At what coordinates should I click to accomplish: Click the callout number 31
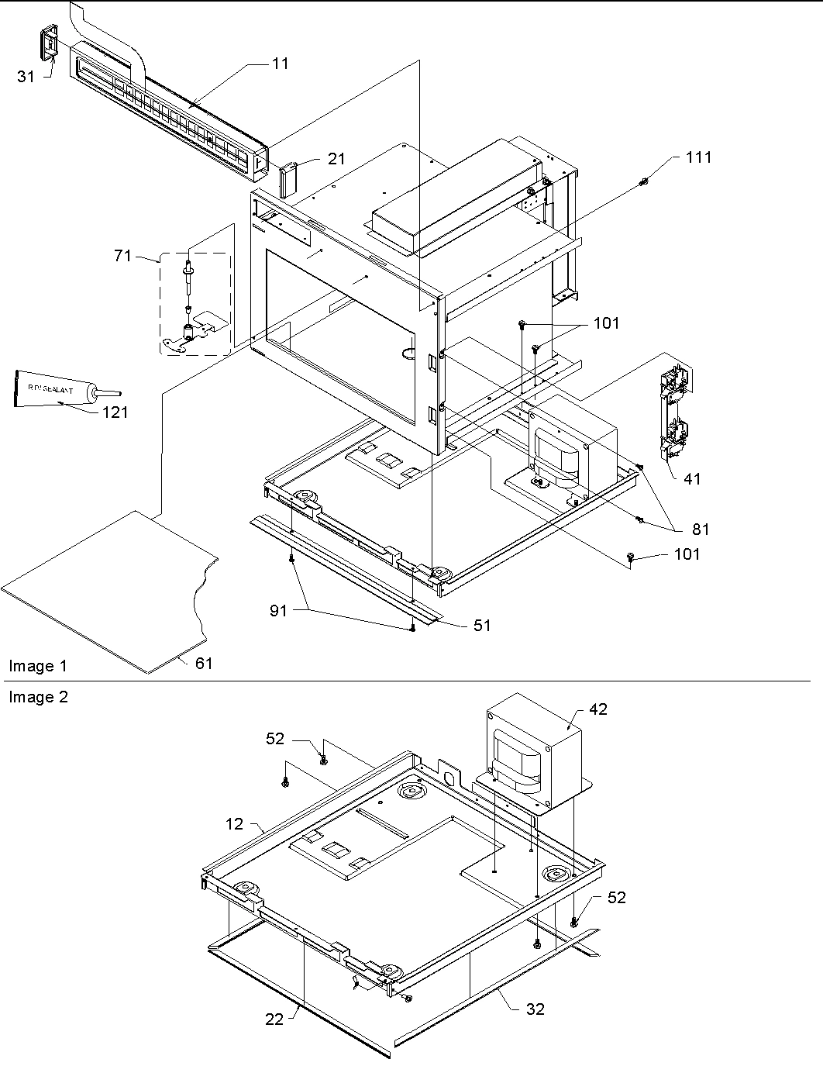[x=26, y=76]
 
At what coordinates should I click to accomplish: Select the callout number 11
[x=280, y=64]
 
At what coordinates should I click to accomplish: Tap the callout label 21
[x=336, y=159]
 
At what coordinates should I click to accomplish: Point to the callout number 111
[x=698, y=157]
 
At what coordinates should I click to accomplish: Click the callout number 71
[x=123, y=255]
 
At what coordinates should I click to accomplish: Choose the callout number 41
[x=691, y=479]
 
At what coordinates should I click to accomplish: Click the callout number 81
[x=700, y=530]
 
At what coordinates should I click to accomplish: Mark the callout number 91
[x=278, y=611]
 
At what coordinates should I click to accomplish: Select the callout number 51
[x=482, y=625]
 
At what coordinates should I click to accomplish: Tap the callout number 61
[x=203, y=663]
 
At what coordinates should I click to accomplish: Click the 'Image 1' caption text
[x=38, y=666]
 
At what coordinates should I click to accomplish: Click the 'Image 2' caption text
[x=38, y=697]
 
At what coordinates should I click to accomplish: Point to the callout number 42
[x=598, y=709]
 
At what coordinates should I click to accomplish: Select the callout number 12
[x=235, y=823]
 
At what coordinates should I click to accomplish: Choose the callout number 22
[x=275, y=1019]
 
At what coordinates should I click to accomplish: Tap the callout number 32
[x=535, y=1009]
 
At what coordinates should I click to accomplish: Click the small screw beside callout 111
[x=645, y=182]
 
